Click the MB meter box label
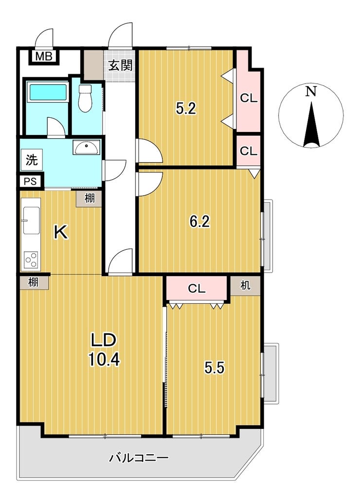point(44,56)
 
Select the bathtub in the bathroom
point(48,92)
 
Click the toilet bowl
point(85,98)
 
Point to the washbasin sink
point(86,148)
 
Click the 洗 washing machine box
point(32,160)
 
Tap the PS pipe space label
point(30,182)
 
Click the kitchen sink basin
point(31,221)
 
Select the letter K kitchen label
point(61,232)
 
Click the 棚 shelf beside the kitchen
point(90,199)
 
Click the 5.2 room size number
point(186,109)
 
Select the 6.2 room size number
point(199,221)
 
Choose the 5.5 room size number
point(215,368)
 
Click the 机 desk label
point(246,285)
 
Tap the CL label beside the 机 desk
point(197,289)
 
